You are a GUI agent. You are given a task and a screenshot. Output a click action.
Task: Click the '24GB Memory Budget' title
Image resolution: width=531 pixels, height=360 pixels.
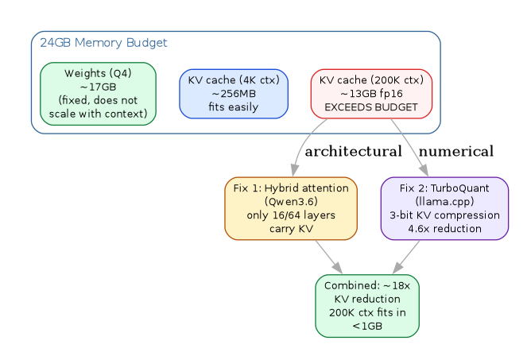pos(70,42)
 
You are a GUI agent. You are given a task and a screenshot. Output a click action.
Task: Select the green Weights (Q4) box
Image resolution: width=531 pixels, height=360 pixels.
pos(98,94)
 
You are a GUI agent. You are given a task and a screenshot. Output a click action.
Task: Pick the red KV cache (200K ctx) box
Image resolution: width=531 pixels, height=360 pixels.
pos(371,94)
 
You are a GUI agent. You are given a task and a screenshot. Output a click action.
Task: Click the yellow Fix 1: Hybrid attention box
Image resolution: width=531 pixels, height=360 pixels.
pos(291,208)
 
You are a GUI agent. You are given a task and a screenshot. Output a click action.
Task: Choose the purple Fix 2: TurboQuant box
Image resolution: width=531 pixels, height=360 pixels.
pos(444,208)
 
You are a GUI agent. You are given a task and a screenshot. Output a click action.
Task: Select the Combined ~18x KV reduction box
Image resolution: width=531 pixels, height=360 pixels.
pos(367,306)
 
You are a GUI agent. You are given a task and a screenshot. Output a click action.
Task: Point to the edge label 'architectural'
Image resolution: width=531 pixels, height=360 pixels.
pos(353,151)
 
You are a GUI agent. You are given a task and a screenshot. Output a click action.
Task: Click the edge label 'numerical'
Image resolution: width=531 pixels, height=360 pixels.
pos(455,151)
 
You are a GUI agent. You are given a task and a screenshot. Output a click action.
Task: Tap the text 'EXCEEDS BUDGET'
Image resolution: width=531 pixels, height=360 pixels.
pos(371,107)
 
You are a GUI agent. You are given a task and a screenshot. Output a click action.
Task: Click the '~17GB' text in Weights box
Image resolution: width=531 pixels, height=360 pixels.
pos(98,87)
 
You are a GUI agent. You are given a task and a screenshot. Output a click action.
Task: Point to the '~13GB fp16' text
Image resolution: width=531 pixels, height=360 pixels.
pos(371,94)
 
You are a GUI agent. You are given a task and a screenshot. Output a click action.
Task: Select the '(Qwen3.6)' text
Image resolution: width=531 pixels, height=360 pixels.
pos(291,201)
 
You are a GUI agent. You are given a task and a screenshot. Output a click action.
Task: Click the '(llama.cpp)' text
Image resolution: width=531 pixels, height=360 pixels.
pos(444,201)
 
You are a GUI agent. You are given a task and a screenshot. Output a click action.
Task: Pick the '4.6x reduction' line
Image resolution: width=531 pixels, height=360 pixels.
pos(444,228)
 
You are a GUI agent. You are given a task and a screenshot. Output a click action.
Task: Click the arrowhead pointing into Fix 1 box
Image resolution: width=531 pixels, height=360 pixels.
pos(295,172)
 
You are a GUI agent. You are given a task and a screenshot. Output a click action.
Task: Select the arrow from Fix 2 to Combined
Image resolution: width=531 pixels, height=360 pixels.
pos(407,256)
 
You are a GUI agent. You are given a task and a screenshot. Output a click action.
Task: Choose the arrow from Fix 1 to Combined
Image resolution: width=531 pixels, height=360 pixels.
pos(328,256)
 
